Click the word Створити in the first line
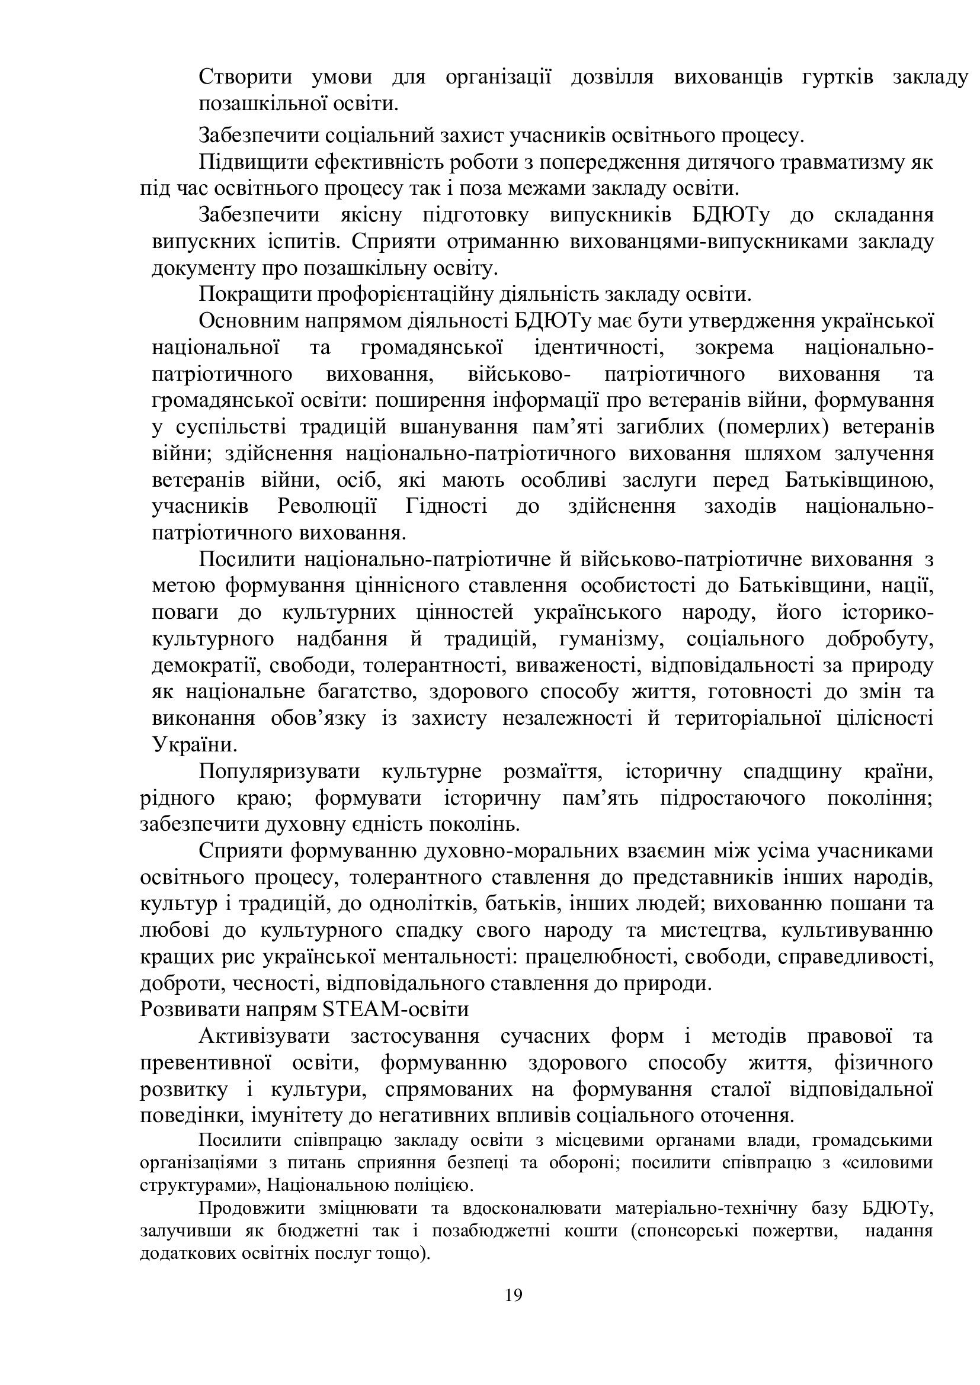[246, 77]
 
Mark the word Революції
[327, 507]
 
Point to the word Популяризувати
[280, 772]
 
